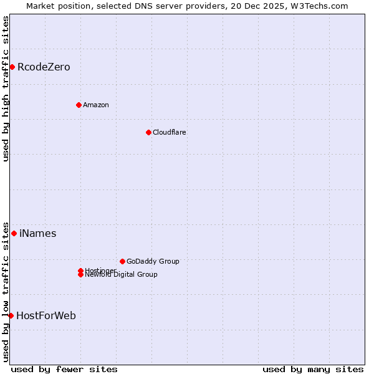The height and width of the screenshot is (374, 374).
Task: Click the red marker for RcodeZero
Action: [x=12, y=67]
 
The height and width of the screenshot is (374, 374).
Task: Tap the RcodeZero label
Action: [x=44, y=67]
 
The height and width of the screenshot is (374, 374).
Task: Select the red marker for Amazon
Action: [x=79, y=105]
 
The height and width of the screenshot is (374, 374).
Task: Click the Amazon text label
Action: [x=95, y=105]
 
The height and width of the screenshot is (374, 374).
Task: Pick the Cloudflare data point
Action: [x=148, y=132]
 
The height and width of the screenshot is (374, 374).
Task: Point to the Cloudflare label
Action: [x=169, y=132]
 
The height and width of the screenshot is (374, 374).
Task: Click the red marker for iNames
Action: [x=14, y=233]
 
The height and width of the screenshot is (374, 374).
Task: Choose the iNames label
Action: [x=37, y=234]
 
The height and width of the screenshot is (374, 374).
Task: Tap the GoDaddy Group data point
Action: [x=122, y=261]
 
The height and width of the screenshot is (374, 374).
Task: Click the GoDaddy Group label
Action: [x=153, y=262]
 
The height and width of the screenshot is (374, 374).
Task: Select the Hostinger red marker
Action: [x=80, y=271]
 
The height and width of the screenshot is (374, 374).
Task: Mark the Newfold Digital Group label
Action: [x=122, y=275]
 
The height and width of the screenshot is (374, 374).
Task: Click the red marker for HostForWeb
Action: [x=11, y=315]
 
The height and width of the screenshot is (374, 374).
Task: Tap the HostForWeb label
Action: [x=46, y=316]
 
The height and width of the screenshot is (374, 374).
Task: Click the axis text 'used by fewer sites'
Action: [x=64, y=370]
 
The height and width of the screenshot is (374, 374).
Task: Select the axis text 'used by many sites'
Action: [x=313, y=370]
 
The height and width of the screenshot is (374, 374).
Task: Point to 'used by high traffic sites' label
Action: [x=6, y=89]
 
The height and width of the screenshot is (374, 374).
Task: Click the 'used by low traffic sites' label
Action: [x=6, y=292]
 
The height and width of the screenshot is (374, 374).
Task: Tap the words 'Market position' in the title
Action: [x=55, y=6]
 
